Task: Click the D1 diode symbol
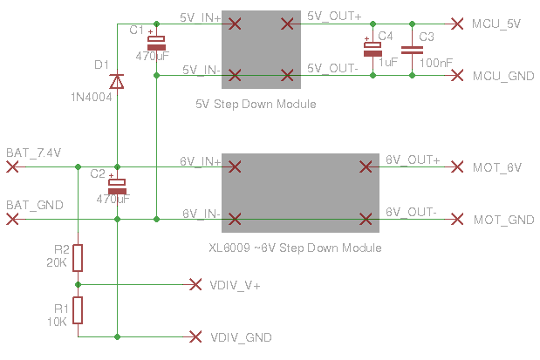(117, 81)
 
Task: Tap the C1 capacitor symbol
(155, 44)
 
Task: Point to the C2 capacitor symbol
(117, 186)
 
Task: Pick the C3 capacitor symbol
(407, 50)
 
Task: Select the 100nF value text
(435, 63)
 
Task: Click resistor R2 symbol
(78, 258)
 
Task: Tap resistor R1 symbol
(78, 309)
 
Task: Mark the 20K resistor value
(57, 262)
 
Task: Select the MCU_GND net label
(497, 77)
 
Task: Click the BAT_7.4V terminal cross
(12, 166)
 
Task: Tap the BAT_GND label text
(35, 206)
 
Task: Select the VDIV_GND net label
(241, 337)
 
